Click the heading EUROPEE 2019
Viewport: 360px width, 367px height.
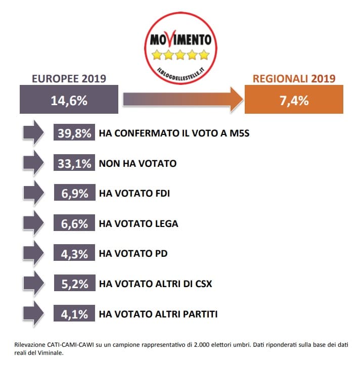click(69, 78)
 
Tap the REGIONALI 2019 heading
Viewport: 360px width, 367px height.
click(294, 78)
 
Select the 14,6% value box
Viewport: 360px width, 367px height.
click(69, 100)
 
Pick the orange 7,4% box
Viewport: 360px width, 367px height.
click(294, 100)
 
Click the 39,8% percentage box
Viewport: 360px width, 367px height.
click(74, 133)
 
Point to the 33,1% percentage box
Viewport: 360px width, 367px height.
click(74, 163)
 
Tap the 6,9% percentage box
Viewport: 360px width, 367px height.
click(74, 194)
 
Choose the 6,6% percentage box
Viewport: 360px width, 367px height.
click(74, 223)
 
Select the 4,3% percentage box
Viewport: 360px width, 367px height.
click(74, 254)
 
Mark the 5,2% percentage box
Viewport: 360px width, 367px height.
click(74, 284)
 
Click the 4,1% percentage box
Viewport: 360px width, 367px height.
click(74, 314)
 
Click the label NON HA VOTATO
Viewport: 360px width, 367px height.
click(138, 164)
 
